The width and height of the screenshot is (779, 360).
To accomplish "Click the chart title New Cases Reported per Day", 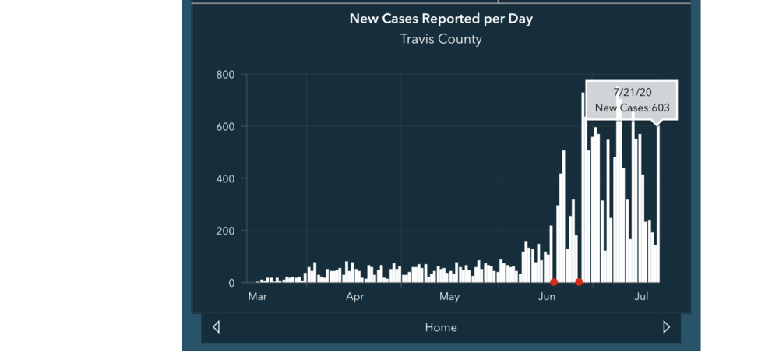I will (441, 19).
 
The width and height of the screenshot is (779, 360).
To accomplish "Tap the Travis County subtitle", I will (441, 39).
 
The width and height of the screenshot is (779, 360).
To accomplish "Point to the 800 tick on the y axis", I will (226, 75).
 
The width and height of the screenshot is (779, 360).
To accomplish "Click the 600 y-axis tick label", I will (226, 127).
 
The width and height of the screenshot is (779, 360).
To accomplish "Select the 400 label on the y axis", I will (226, 179).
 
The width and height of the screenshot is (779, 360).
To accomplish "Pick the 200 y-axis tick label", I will (226, 231).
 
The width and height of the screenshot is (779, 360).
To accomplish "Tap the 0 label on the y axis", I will (231, 284).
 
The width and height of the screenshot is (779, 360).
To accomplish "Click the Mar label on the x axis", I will (257, 297).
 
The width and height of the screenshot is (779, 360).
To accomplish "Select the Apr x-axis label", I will (355, 297).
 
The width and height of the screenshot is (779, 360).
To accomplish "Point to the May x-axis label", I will (449, 297).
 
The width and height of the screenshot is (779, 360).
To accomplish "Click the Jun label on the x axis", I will (547, 297).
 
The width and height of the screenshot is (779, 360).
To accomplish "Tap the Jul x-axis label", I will (641, 297).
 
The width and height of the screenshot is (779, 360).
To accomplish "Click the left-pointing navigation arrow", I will (217, 327).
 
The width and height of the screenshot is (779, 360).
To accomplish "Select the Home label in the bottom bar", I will (441, 328).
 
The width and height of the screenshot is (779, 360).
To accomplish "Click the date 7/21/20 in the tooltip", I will (632, 93).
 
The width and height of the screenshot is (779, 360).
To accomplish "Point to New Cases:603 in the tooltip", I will (632, 109).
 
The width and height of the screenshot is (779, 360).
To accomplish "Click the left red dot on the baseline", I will (554, 282).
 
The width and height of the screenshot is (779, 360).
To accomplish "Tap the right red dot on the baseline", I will (579, 282).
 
